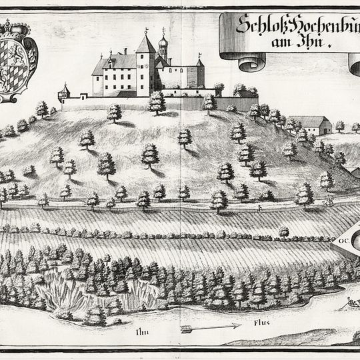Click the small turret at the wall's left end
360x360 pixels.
(x=65, y=91)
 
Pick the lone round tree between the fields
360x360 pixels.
(x=284, y=231)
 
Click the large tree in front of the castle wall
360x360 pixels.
(x=157, y=103)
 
